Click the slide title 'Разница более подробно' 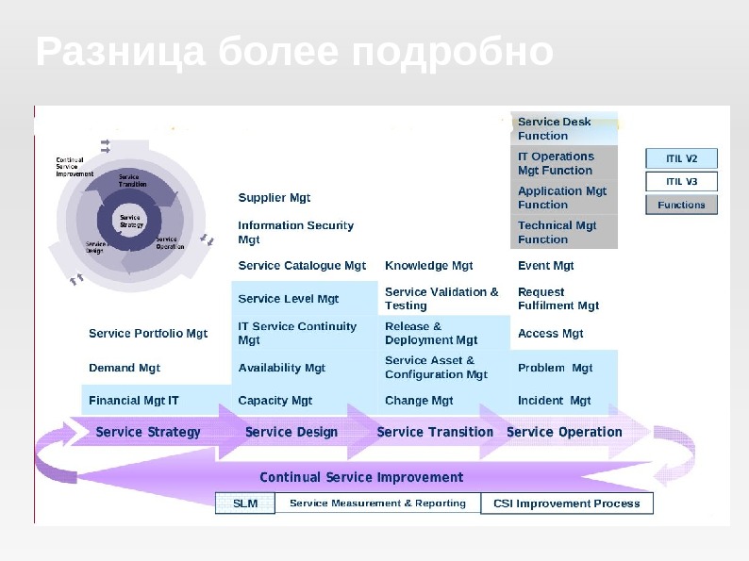click(x=294, y=52)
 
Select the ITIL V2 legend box click(x=681, y=158)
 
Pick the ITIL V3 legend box click(x=681, y=181)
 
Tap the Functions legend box click(x=681, y=205)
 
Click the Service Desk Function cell click(x=563, y=128)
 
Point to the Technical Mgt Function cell click(x=563, y=232)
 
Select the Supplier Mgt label click(x=275, y=198)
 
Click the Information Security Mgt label click(x=296, y=232)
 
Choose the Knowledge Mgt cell click(x=429, y=266)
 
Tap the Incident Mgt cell click(x=555, y=401)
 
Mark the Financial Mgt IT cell click(x=134, y=401)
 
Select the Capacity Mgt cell click(x=275, y=401)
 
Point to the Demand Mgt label click(x=125, y=368)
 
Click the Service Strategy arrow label click(x=148, y=432)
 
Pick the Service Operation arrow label click(x=564, y=432)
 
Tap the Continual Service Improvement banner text click(x=361, y=477)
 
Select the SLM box click(x=245, y=503)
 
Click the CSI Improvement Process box click(x=566, y=503)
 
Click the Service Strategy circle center click(x=131, y=222)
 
